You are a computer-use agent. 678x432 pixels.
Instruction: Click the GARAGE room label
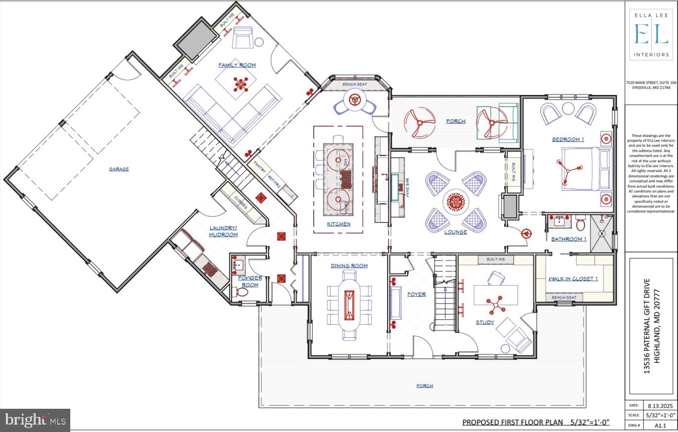[x=119, y=169]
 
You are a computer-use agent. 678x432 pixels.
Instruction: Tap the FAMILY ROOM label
[x=237, y=65]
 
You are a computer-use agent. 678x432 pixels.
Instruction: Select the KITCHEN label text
[x=339, y=224]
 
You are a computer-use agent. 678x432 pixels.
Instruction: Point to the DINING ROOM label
[x=349, y=266]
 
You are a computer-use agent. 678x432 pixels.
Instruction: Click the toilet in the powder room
[x=242, y=292]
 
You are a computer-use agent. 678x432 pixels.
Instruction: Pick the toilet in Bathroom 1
[x=581, y=225]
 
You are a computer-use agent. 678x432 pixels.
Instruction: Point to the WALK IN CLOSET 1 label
[x=573, y=279]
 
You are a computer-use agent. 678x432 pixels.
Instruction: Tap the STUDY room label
[x=485, y=322]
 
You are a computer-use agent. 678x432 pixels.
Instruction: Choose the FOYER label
[x=416, y=295]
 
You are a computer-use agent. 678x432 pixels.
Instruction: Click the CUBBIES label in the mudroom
[x=241, y=202]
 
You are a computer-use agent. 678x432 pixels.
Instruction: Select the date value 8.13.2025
[x=660, y=406]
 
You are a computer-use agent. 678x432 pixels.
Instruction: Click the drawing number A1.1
[x=660, y=425]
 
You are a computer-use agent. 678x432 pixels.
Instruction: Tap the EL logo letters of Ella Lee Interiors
[x=651, y=35]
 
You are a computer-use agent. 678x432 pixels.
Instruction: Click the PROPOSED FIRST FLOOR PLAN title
[x=512, y=423]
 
